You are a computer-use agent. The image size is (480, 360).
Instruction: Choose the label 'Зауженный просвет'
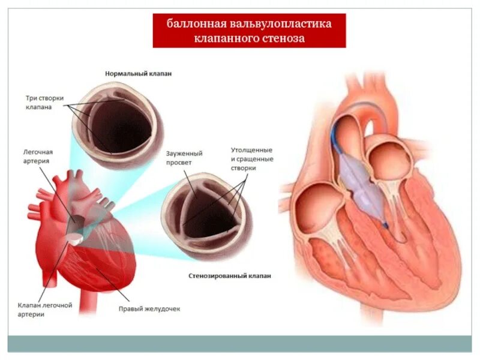pyautogui.click(x=184, y=158)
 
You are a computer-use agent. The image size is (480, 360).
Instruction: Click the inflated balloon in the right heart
pyautogui.click(x=360, y=180)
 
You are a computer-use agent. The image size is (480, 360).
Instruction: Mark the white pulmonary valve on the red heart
pyautogui.click(x=74, y=238)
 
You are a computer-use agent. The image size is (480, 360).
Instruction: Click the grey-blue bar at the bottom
pyautogui.click(x=240, y=343)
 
